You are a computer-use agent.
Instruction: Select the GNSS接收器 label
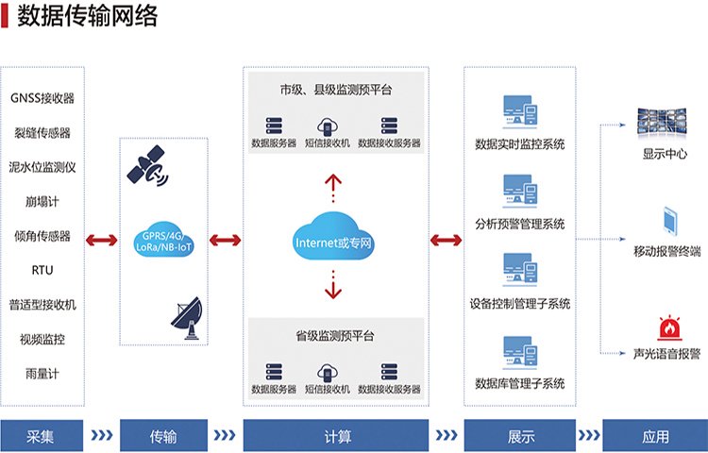pos(42,98)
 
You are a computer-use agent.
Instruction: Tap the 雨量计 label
pos(42,373)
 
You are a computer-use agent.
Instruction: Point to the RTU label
pos(42,270)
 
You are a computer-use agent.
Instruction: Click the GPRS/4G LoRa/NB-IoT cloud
pos(164,240)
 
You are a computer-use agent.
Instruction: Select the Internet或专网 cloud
pos(335,241)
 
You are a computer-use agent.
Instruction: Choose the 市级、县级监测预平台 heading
pos(335,90)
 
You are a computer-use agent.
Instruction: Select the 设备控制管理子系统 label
pos(520,304)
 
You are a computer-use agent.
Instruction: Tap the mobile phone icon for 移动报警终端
pos(667,221)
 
